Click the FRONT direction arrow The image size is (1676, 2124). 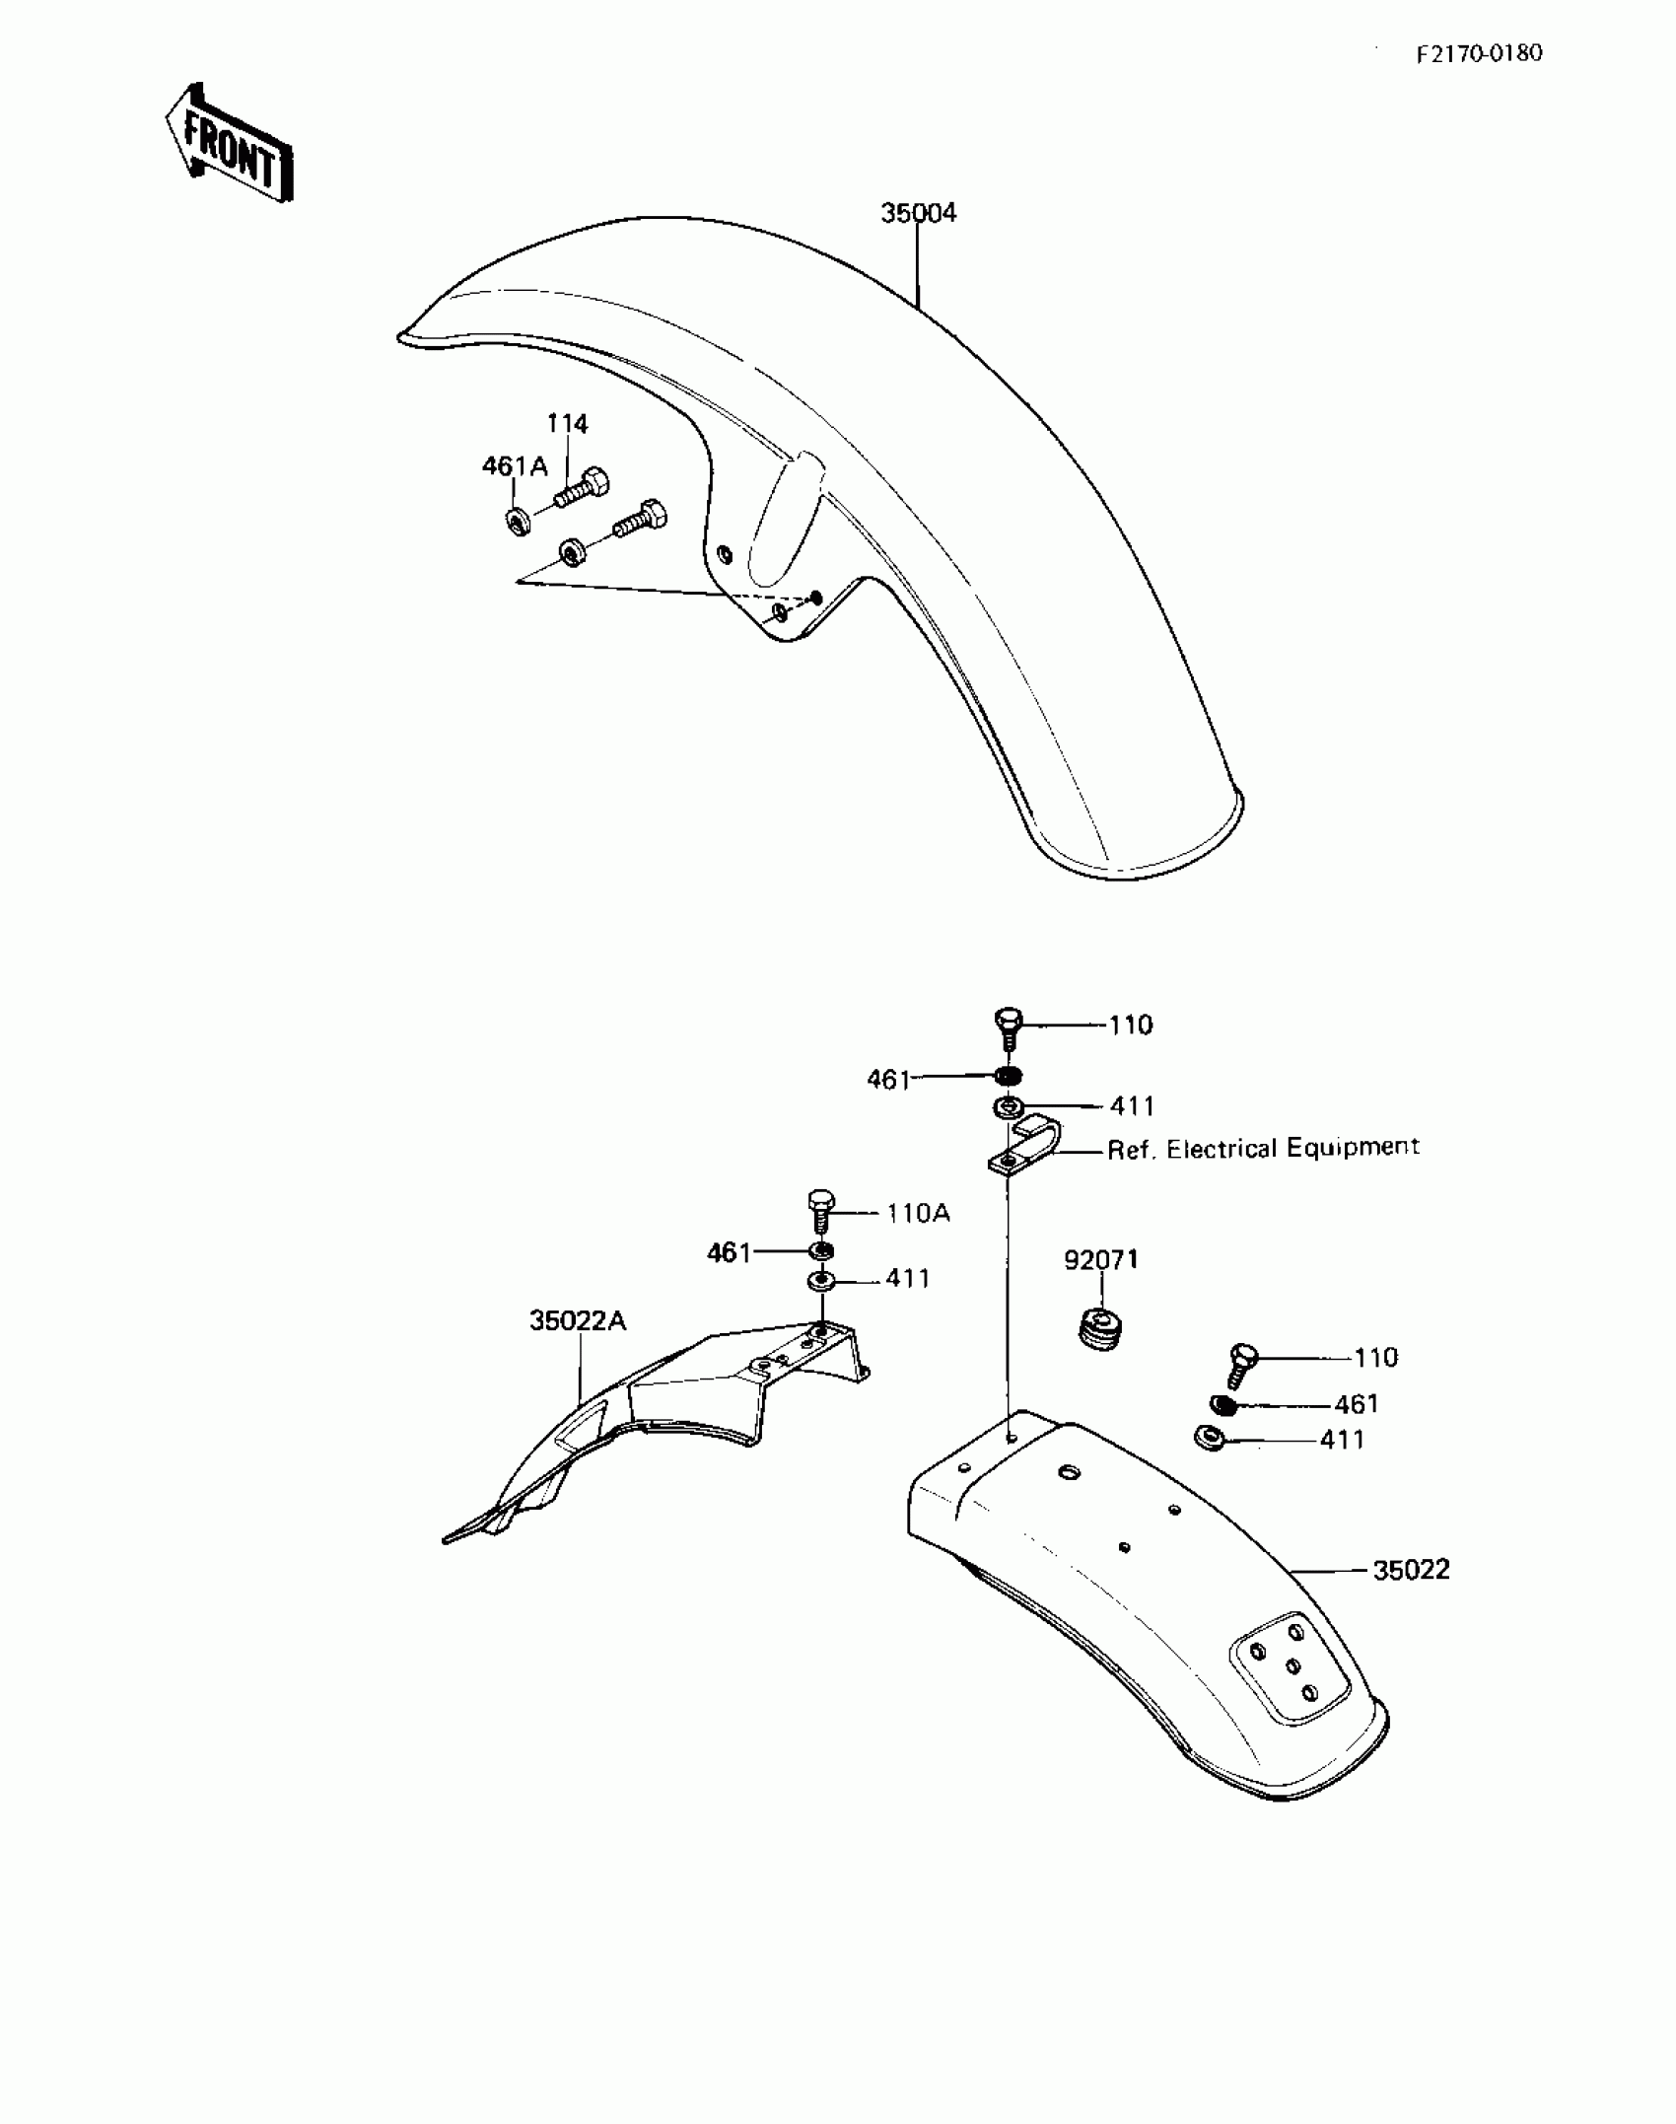pyautogui.click(x=230, y=145)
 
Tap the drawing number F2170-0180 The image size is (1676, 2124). pyautogui.click(x=1478, y=53)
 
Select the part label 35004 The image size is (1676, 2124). pyautogui.click(x=918, y=213)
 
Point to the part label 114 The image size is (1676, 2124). pyautogui.click(x=567, y=424)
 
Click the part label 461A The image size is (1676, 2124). pyautogui.click(x=514, y=466)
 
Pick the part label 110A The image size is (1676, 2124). pyautogui.click(x=917, y=1213)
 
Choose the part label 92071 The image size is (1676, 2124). pyautogui.click(x=1100, y=1260)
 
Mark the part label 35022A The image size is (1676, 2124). pyautogui.click(x=577, y=1320)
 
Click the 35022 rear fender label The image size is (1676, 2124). pyautogui.click(x=1411, y=1570)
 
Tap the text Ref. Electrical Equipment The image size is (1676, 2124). pyautogui.click(x=1263, y=1149)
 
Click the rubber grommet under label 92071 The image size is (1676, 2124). pyautogui.click(x=1100, y=1327)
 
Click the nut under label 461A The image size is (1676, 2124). pyautogui.click(x=518, y=520)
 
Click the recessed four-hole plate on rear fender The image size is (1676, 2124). pyautogui.click(x=1288, y=1665)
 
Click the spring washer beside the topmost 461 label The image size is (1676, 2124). pyautogui.click(x=1007, y=1076)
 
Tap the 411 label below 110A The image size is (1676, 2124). pyautogui.click(x=907, y=1279)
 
